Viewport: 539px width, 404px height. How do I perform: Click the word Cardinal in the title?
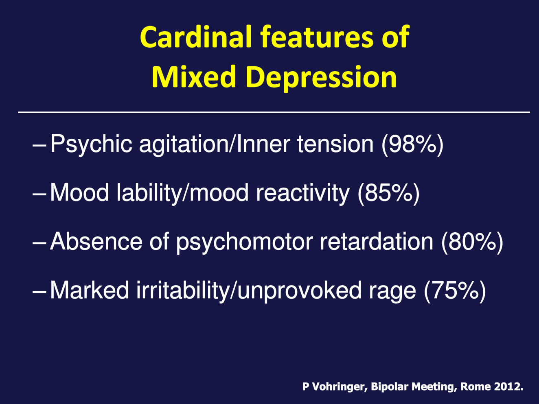coord(196,37)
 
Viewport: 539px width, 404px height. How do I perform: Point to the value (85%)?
coord(389,193)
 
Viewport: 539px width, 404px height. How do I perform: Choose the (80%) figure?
coord(472,242)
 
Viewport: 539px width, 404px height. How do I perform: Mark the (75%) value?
coord(455,290)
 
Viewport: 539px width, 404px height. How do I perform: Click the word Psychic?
coord(91,145)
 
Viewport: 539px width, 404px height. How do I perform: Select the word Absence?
coord(96,242)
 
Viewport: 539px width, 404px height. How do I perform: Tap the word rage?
coord(392,293)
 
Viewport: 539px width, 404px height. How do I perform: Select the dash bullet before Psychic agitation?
coord(39,146)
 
